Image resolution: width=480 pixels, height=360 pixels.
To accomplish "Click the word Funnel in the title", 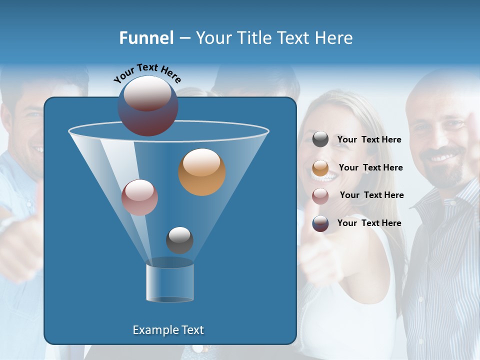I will click(146, 38).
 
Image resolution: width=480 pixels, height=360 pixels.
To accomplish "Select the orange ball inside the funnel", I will click(202, 172).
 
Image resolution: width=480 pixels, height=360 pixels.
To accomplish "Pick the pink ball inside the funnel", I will click(139, 197).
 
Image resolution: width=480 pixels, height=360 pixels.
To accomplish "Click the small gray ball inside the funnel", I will click(179, 240).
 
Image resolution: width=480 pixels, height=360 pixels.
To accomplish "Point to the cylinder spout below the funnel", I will click(170, 282).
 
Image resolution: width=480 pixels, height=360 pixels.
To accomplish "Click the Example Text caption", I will click(168, 330).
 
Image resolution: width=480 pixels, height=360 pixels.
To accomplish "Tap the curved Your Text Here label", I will click(147, 73).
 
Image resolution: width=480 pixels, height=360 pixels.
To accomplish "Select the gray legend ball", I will click(320, 139).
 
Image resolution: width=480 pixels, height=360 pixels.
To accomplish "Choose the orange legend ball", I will click(320, 168).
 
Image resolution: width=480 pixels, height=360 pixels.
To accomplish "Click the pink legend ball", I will click(320, 195).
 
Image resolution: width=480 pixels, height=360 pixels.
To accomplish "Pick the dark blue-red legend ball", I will click(320, 223).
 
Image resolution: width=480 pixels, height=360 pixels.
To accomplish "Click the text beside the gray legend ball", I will click(369, 140).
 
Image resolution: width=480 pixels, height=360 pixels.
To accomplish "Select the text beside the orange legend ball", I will click(370, 168).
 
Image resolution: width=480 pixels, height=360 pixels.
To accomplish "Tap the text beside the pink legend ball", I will click(371, 195).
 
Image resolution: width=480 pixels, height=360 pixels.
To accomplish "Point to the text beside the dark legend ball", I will click(369, 223).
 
